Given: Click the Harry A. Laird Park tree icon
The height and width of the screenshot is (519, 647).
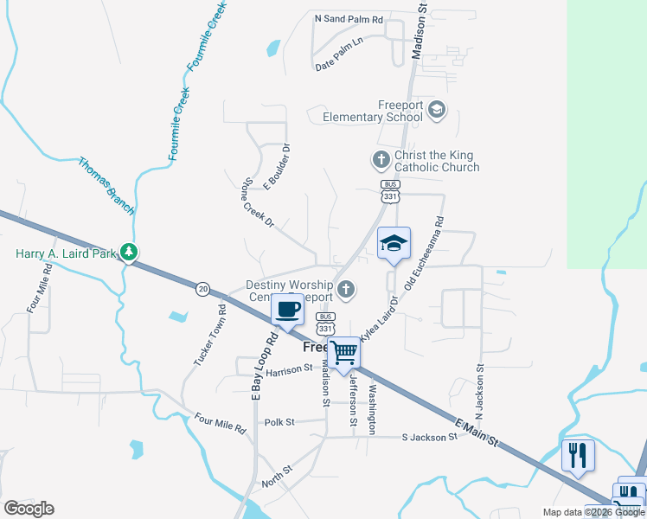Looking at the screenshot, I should [x=129, y=252].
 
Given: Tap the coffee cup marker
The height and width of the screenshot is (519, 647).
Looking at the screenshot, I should [x=287, y=309].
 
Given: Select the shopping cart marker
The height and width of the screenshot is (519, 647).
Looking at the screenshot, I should [x=344, y=352].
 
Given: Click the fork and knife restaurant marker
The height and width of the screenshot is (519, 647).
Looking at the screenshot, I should [x=577, y=455].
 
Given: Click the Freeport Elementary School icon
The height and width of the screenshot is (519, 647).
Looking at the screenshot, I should [x=437, y=109].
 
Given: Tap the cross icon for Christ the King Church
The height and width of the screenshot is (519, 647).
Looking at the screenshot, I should [x=380, y=159].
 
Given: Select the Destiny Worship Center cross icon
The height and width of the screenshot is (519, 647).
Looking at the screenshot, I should [x=346, y=289].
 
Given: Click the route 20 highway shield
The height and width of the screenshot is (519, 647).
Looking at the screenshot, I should [x=202, y=287].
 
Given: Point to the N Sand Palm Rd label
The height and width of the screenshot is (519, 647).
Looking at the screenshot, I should [x=349, y=18].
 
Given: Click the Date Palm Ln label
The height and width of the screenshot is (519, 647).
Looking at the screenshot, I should [x=340, y=54].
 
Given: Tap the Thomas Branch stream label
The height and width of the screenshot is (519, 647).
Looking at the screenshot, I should [x=106, y=185].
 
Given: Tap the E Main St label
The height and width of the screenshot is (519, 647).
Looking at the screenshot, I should [x=477, y=431].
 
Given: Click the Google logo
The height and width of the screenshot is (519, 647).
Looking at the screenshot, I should [x=29, y=509].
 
